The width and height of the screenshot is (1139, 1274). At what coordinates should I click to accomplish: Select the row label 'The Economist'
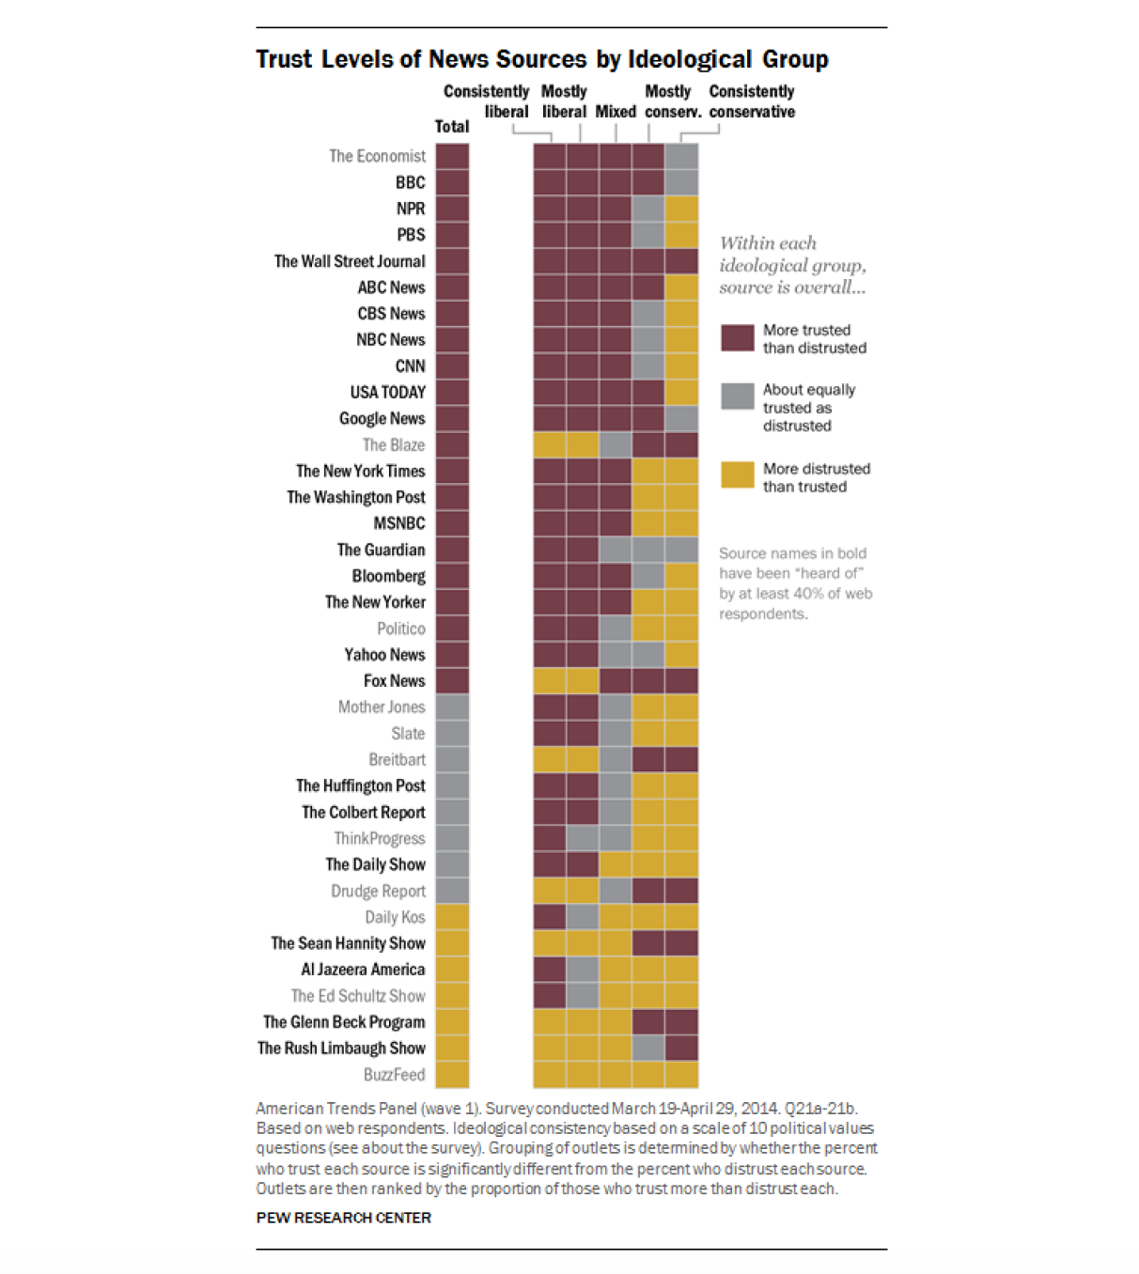[x=377, y=156]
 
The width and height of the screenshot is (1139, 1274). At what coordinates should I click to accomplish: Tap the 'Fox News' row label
[x=394, y=681]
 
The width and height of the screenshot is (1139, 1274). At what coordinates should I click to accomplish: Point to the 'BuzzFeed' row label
[x=394, y=1075]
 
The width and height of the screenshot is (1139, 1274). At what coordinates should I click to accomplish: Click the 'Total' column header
[x=452, y=127]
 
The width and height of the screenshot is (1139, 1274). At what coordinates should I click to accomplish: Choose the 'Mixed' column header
[x=616, y=112]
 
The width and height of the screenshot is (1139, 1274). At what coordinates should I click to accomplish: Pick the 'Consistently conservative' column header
[x=752, y=101]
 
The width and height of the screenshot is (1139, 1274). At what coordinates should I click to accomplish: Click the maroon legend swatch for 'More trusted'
[x=737, y=338]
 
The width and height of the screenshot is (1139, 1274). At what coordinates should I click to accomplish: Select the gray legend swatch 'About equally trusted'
[x=737, y=396]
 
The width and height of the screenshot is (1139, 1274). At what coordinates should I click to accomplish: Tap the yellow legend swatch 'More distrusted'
[x=737, y=475]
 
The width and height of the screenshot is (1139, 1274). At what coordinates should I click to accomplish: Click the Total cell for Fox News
[x=452, y=681]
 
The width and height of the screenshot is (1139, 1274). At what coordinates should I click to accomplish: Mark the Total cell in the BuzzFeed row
[x=452, y=1075]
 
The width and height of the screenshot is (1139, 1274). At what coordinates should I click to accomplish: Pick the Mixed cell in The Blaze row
[x=616, y=445]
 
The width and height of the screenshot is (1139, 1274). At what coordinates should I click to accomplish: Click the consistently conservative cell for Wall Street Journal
[x=681, y=261]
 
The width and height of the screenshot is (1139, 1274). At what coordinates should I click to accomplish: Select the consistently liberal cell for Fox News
[x=550, y=681]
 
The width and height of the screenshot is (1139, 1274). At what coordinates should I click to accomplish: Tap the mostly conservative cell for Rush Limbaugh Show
[x=648, y=1049]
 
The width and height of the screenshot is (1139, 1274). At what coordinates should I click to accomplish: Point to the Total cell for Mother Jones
[x=452, y=707]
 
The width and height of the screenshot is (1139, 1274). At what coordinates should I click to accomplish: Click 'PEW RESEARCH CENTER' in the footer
[x=343, y=1218]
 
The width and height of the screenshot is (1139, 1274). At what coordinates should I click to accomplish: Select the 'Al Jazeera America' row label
[x=363, y=970]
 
